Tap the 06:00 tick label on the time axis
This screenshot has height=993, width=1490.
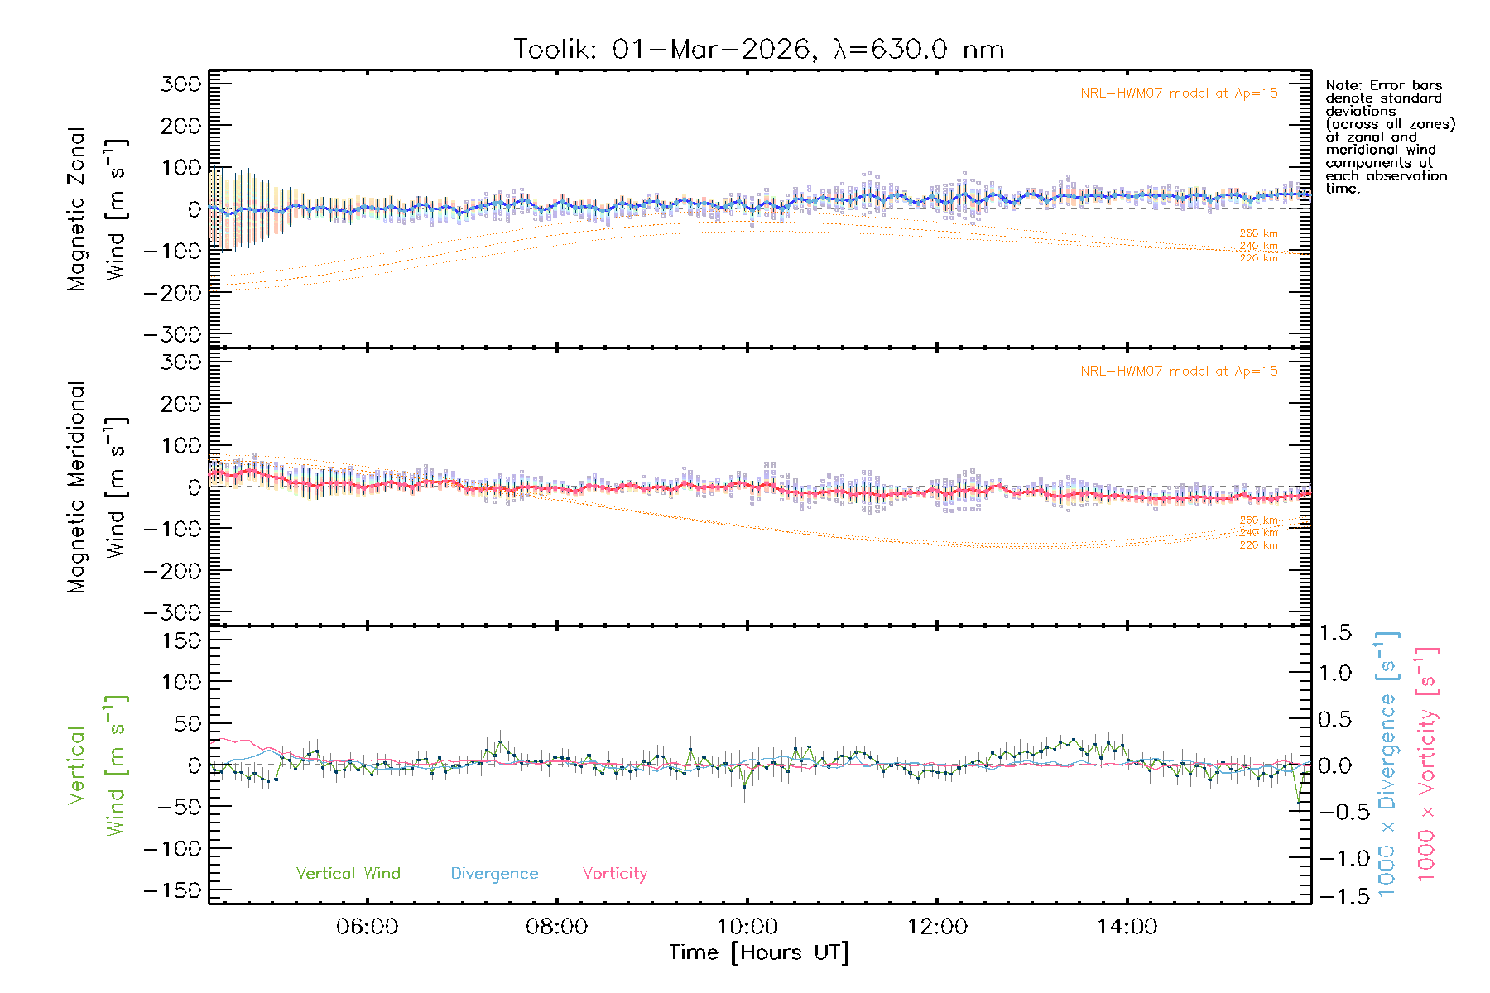click(x=367, y=927)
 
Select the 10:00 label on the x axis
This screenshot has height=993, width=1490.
click(x=747, y=927)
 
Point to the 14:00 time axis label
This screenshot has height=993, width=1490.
click(x=1127, y=927)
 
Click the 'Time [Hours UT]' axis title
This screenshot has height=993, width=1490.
click(x=759, y=953)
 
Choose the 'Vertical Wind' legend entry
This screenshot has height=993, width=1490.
click(x=348, y=874)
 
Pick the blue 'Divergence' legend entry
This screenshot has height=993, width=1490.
click(x=494, y=874)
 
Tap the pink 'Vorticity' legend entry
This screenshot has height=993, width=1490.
click(x=614, y=874)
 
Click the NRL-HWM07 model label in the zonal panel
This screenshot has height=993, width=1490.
click(x=1179, y=94)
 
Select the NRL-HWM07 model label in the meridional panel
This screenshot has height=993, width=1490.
click(x=1179, y=372)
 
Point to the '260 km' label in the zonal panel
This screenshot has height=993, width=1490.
click(x=1258, y=233)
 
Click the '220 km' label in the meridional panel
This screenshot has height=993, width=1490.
click(x=1258, y=545)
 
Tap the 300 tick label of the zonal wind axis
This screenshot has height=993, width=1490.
click(x=180, y=84)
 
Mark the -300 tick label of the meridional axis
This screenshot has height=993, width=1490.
click(x=172, y=612)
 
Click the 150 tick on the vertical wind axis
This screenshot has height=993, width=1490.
click(x=180, y=640)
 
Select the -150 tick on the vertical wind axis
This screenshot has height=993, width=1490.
click(x=172, y=890)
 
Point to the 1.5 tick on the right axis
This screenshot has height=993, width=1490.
click(x=1334, y=633)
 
